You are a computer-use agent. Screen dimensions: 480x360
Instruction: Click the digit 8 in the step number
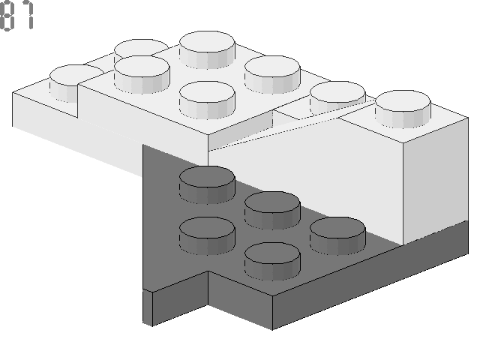(x=7, y=16)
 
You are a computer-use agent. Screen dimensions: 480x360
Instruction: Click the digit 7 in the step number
(x=28, y=15)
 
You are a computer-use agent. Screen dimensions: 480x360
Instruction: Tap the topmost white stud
(x=207, y=49)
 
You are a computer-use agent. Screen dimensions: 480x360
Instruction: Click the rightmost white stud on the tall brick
(x=403, y=109)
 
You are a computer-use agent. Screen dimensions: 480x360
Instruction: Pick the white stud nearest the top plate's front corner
(x=207, y=100)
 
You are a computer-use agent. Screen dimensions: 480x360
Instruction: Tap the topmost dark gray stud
(x=207, y=185)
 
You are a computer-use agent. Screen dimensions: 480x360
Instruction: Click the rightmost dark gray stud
(x=337, y=236)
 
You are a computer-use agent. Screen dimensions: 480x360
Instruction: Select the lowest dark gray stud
(x=272, y=262)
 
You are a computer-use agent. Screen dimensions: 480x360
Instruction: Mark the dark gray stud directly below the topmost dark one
(x=207, y=236)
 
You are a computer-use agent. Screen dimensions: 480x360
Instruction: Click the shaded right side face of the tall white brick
(x=436, y=181)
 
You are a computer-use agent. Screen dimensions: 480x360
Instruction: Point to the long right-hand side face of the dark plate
(x=370, y=275)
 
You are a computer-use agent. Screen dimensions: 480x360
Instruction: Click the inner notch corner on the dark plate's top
(x=208, y=271)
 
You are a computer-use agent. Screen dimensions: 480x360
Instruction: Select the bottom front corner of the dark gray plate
(x=272, y=330)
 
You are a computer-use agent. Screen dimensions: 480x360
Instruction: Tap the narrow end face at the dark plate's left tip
(x=148, y=307)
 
